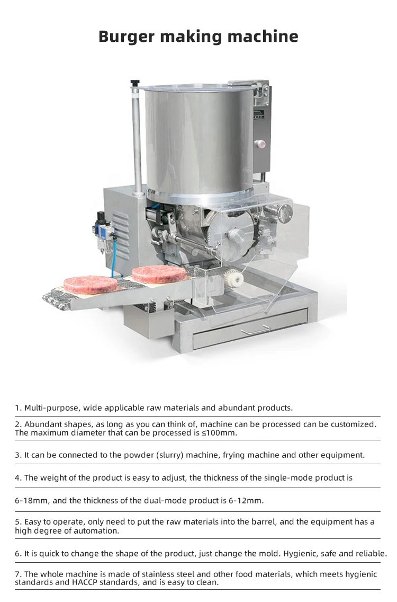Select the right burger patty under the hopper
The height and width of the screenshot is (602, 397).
[x=159, y=273]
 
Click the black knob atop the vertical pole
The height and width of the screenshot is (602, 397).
[x=136, y=83]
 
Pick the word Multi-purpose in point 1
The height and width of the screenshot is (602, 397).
[x=51, y=408]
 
